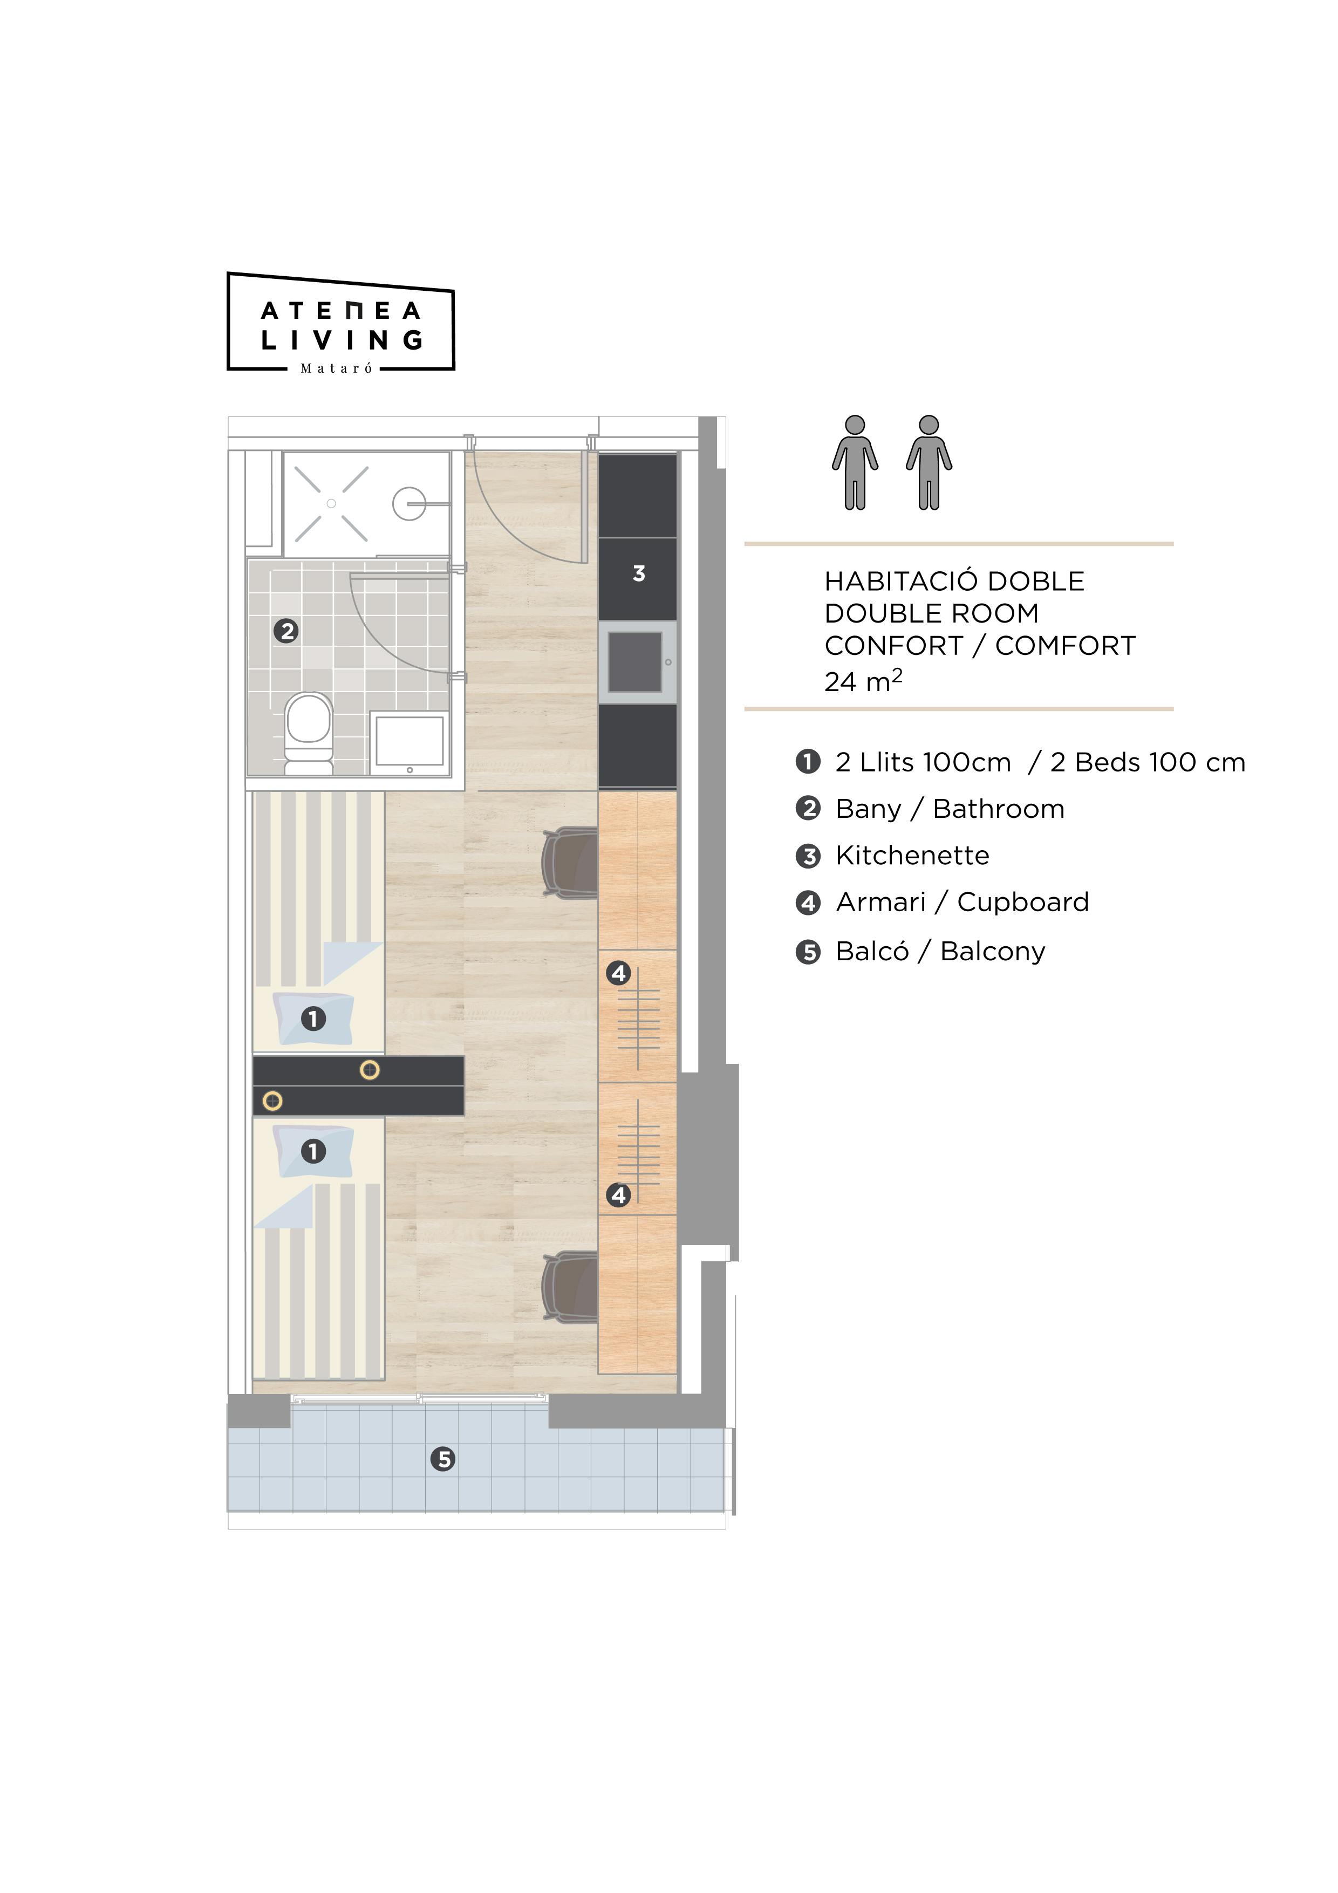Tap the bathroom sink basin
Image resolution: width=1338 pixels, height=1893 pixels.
pyautogui.click(x=409, y=740)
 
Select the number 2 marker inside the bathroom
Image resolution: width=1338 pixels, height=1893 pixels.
pyautogui.click(x=286, y=632)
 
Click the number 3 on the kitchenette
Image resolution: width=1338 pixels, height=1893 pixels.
pyautogui.click(x=639, y=574)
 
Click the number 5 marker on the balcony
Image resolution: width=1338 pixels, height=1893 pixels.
pyautogui.click(x=443, y=1459)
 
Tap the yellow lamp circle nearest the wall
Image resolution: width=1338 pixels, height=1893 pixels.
pyautogui.click(x=272, y=1101)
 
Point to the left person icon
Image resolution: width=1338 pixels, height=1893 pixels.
pyautogui.click(x=855, y=462)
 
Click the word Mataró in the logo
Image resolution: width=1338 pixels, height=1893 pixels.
pyautogui.click(x=336, y=368)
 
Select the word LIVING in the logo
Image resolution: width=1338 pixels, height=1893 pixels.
pyautogui.click(x=342, y=340)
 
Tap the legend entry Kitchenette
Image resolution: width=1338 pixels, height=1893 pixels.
pyautogui.click(x=912, y=856)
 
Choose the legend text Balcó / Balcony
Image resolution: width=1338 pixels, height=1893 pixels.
pyautogui.click(x=940, y=952)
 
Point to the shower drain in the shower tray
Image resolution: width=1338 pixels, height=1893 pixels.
pyautogui.click(x=331, y=503)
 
